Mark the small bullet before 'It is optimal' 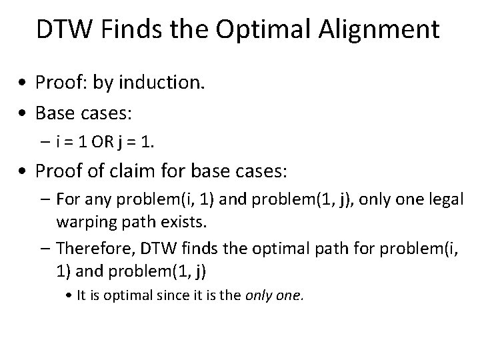click(71, 295)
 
